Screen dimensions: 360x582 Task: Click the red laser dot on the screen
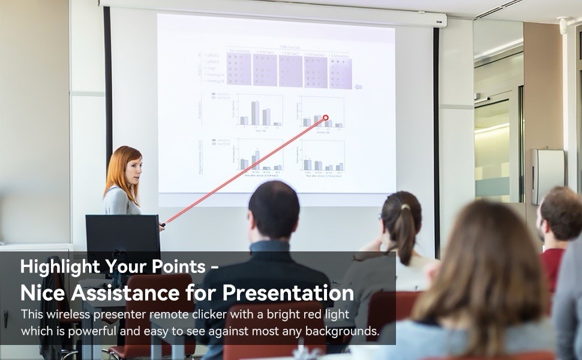tap(326, 118)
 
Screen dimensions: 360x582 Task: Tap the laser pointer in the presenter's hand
tap(162, 226)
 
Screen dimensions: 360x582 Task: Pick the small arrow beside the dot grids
tap(358, 86)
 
